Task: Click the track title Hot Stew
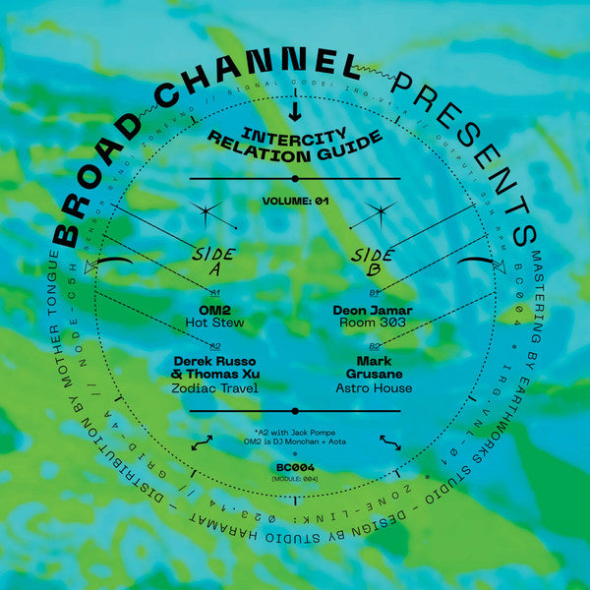[214, 322]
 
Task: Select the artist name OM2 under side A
[213, 308]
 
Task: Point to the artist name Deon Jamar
[374, 308]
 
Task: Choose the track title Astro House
[374, 389]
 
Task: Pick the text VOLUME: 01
[295, 201]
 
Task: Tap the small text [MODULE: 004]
[295, 480]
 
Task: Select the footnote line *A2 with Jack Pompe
[295, 432]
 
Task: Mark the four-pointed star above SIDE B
[380, 211]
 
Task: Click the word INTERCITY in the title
[295, 128]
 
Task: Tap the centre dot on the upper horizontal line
[295, 179]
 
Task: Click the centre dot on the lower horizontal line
[295, 412]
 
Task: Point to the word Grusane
[374, 375]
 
